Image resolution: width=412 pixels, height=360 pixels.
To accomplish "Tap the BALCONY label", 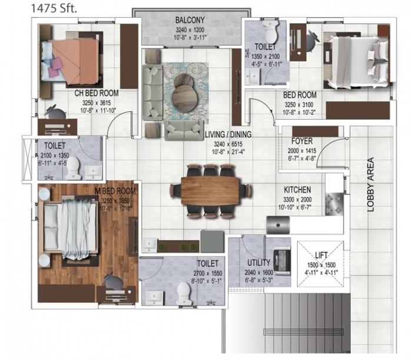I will coord(190,20).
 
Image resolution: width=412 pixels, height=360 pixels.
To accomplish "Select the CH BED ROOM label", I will coord(96,93).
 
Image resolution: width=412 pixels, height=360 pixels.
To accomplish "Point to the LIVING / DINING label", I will coord(228,134).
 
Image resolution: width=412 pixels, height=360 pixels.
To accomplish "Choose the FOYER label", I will coord(301,141).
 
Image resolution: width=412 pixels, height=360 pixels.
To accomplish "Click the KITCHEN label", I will coord(297,190).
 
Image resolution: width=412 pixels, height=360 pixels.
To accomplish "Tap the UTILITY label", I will coord(259,263).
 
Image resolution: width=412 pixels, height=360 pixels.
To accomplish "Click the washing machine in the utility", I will coord(284,260).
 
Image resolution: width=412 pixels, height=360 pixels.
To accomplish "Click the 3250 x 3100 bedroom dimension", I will coord(300,105).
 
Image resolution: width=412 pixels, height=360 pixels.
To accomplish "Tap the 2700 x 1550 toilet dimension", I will coord(208,274).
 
